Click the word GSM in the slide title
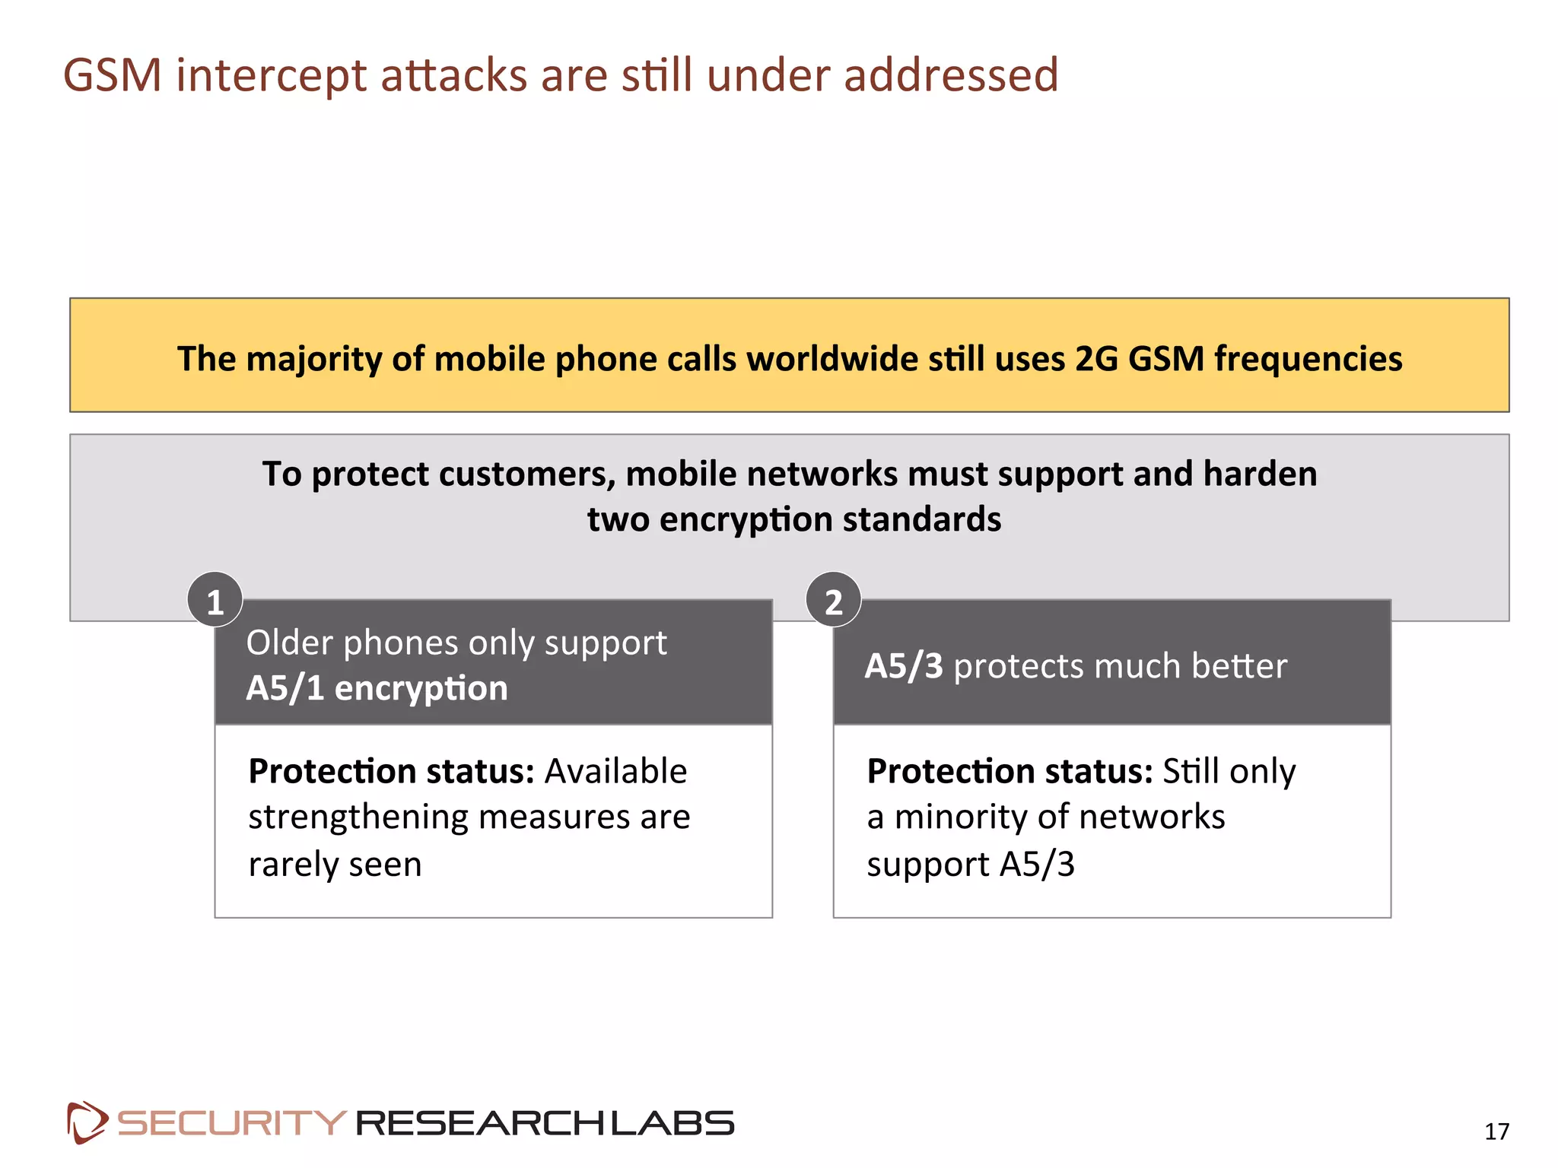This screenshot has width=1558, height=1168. (x=113, y=75)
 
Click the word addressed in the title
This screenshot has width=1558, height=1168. (x=951, y=75)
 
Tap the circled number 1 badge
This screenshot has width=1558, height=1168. (x=215, y=601)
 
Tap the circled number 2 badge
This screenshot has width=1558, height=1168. (x=834, y=601)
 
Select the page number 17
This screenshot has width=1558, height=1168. (x=1496, y=1131)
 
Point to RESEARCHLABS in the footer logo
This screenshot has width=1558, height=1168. (x=545, y=1123)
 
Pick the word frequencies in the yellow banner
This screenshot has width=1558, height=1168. (x=1308, y=359)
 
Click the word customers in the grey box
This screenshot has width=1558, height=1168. (x=526, y=474)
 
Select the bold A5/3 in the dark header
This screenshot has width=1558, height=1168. (x=904, y=666)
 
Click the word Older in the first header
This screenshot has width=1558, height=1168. (x=290, y=643)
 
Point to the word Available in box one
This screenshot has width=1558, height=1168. (x=616, y=772)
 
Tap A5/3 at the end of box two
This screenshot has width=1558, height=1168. (x=1037, y=865)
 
